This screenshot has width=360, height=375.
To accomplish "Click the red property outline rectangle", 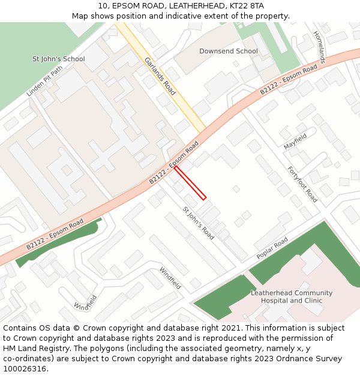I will tap(190, 183).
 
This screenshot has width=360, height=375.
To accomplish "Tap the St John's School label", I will tap(58, 59).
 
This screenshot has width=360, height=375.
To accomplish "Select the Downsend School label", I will tap(229, 52).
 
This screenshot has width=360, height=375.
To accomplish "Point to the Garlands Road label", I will tap(160, 76).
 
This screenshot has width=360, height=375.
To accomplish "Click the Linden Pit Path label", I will tap(44, 82).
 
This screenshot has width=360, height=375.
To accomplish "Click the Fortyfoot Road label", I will tap(302, 184).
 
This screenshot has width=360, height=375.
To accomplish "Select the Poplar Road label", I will tap(272, 248).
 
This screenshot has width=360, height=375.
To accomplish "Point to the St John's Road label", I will tap(199, 223).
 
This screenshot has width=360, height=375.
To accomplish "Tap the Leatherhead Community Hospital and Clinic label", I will tap(292, 296).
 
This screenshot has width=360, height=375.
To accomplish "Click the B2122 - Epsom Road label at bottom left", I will tap(55, 235).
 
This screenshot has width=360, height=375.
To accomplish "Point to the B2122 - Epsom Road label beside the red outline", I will tap(174, 163).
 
